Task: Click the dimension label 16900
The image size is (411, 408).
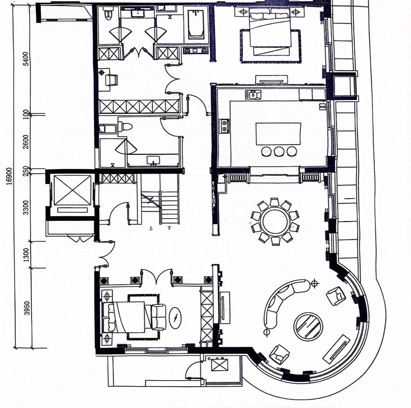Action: coord(9,176)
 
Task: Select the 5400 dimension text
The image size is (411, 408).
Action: coord(26,59)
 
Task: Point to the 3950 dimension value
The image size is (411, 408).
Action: coord(27,308)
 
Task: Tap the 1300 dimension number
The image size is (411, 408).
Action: coord(26,255)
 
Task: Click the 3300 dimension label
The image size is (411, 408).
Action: coord(26,208)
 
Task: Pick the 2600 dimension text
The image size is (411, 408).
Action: coord(26,142)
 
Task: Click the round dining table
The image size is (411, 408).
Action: coord(275,222)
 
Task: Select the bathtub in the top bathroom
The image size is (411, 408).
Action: coord(196,23)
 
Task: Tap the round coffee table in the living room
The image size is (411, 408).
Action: coord(308,327)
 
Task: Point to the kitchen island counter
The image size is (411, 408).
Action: coord(278,134)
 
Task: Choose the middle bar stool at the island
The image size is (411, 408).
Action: coord(279,151)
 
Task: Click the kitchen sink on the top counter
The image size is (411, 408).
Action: coord(253,95)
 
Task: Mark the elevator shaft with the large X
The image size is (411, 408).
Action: coord(72,190)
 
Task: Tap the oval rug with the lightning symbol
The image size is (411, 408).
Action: coord(175,318)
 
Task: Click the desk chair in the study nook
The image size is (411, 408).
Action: coord(111,80)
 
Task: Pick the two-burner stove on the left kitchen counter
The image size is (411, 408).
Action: coord(224,126)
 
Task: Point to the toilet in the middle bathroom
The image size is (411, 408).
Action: coord(125,127)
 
